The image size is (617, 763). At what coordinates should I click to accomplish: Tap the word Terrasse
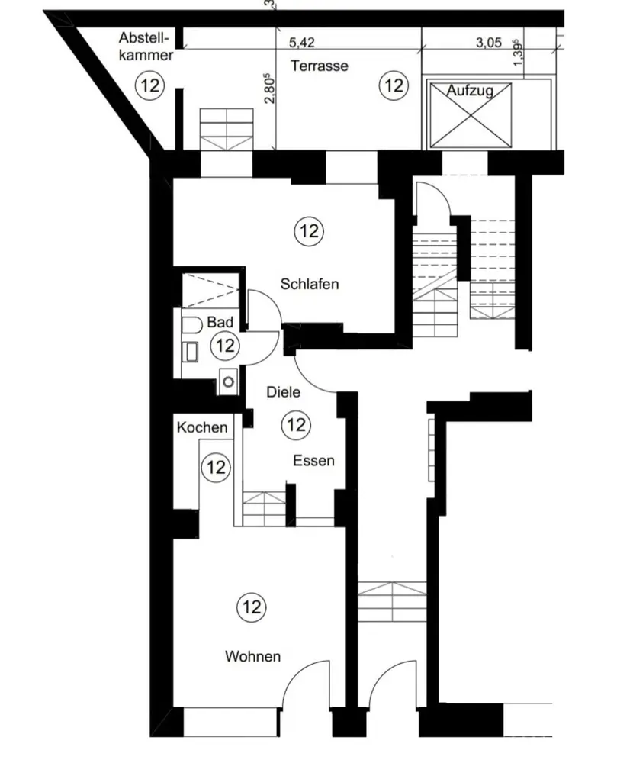[x=319, y=66]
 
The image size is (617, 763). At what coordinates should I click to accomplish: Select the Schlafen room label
[x=309, y=285]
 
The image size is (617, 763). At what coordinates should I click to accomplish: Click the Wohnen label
[x=252, y=656]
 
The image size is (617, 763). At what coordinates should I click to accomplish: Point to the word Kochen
[x=202, y=427]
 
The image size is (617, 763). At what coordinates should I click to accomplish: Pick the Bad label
[x=220, y=324]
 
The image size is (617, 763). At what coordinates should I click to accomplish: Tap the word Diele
[x=283, y=392]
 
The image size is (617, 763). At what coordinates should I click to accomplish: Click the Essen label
[x=314, y=461]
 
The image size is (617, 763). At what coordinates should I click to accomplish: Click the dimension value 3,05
[x=489, y=43]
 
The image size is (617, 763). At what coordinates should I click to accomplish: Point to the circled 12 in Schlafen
[x=309, y=230]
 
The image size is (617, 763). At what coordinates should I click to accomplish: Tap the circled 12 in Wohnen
[x=252, y=607]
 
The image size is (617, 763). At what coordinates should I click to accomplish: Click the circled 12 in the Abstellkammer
[x=149, y=85]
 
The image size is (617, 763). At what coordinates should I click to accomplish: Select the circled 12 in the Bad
[x=224, y=346]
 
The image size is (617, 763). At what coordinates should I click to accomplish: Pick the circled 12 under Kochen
[x=216, y=466]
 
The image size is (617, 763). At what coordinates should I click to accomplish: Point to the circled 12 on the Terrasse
[x=394, y=85]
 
